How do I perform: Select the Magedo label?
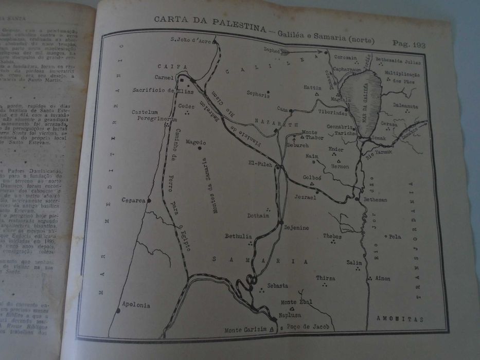pyautogui.click(x=195, y=142)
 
